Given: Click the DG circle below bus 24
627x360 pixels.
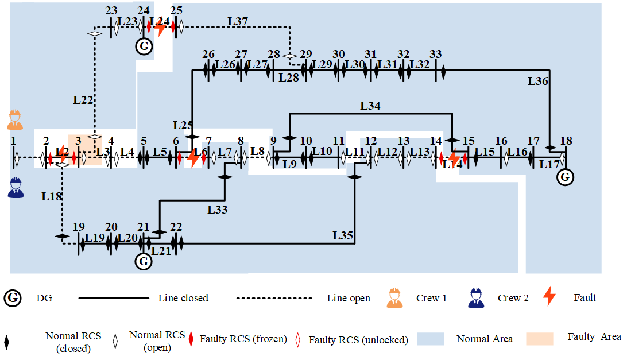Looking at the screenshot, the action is pos(144,47).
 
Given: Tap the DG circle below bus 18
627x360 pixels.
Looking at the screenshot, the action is pos(565,177).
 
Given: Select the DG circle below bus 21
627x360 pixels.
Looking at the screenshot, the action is pos(143,262).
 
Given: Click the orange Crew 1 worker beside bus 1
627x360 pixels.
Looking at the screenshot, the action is pos(15,119).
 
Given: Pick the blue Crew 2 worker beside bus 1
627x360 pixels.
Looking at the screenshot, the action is pos(16,187).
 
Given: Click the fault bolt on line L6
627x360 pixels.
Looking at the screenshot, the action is pos(193,157).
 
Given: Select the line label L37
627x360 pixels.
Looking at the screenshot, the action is pos(238,21).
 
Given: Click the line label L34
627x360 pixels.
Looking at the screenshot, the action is pos(370,106).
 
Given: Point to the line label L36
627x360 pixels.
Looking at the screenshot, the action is pos(538,81).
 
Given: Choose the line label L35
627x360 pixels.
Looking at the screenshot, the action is pos(343,235).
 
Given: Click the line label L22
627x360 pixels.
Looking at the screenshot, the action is pos(83,99).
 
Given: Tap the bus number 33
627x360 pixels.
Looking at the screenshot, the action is pos(435,54).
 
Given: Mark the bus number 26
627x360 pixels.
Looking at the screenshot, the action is pos(208,54).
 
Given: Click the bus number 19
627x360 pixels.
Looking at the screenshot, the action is pos(78,227).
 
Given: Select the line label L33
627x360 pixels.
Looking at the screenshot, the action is pos(218,209).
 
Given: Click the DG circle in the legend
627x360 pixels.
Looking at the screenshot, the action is pos(13,298).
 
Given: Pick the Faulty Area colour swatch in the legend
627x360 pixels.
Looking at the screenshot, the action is pos(539,338).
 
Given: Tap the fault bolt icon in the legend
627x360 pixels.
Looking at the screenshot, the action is pos(549,296).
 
